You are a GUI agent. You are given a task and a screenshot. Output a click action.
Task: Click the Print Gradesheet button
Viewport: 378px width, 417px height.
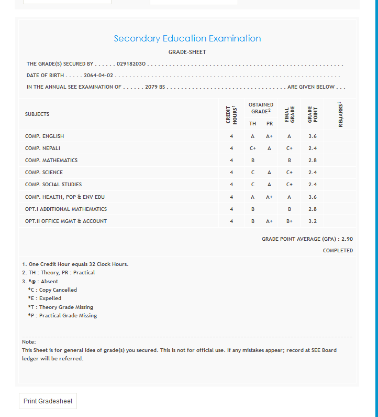tap(48, 401)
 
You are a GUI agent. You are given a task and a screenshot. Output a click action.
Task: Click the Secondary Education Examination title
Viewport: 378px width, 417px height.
tap(187, 38)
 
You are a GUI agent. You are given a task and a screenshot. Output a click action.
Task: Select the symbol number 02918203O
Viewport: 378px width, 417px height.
tap(131, 64)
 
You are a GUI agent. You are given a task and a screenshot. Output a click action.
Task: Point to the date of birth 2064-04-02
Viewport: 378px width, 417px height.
tap(98, 76)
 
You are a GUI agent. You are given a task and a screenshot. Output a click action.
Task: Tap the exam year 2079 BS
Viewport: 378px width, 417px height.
tap(155, 87)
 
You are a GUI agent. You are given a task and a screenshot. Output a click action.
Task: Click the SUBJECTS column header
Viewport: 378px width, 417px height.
tap(37, 114)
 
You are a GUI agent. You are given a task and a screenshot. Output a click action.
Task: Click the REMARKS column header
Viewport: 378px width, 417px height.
tap(340, 114)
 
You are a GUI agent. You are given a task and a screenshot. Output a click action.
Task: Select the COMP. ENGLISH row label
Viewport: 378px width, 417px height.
tap(45, 136)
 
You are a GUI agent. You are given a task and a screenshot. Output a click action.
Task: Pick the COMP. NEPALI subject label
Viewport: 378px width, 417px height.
tap(43, 148)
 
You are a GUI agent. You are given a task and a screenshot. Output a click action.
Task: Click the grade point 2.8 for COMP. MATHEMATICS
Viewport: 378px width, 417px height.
tap(313, 161)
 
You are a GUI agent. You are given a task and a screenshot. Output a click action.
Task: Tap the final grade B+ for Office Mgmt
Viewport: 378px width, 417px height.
tap(290, 221)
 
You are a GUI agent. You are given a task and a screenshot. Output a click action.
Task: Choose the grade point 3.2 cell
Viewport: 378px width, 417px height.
tap(313, 221)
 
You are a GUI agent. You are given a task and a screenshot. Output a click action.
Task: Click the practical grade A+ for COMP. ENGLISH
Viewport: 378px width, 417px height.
tap(269, 136)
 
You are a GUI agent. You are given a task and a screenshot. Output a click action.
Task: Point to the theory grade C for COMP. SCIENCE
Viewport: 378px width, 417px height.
tap(253, 173)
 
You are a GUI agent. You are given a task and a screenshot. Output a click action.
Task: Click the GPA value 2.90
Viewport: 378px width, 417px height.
tap(347, 239)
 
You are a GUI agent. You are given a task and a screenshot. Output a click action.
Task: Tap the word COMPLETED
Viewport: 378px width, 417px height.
tap(338, 251)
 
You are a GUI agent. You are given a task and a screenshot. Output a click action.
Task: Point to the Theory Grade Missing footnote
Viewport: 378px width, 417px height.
tap(61, 307)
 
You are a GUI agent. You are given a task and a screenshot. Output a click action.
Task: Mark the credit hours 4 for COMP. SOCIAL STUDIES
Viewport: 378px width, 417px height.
tap(231, 185)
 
